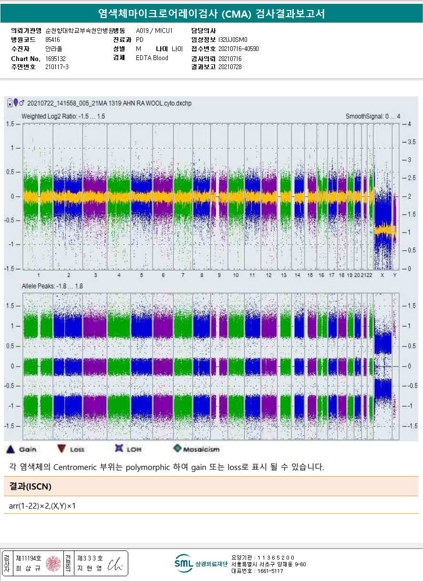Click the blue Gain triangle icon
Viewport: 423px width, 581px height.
[x=10, y=449]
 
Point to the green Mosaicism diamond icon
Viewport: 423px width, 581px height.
[x=177, y=448]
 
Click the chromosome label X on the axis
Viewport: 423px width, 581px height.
[x=382, y=275]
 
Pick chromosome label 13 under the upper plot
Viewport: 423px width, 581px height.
[x=284, y=275]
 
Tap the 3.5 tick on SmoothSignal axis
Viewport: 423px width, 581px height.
[x=408, y=142]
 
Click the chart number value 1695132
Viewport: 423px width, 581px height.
[x=55, y=59]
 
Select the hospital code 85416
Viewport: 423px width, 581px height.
[x=52, y=40]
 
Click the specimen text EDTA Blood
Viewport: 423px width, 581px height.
[x=152, y=58]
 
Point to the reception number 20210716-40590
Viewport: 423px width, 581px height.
[x=238, y=49]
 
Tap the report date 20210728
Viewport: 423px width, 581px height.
[x=230, y=67]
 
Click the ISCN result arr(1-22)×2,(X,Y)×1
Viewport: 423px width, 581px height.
[x=42, y=506]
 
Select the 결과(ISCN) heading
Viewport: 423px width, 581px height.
[x=30, y=487]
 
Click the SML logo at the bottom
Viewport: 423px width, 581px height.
[x=184, y=563]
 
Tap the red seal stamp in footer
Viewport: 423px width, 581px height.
[x=52, y=564]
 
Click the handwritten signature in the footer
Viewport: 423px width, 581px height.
[x=115, y=564]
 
